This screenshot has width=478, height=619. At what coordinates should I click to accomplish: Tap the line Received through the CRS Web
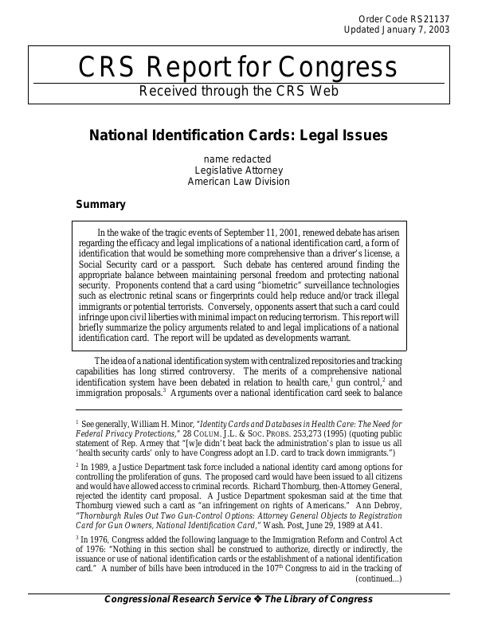239,90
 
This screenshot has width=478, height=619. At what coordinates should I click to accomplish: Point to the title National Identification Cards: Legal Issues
238,135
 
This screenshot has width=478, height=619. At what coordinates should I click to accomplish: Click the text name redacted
237,159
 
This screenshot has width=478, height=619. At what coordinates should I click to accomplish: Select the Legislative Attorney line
238,170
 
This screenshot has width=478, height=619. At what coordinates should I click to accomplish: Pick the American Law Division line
238,181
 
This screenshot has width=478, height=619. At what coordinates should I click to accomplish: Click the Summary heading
100,205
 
